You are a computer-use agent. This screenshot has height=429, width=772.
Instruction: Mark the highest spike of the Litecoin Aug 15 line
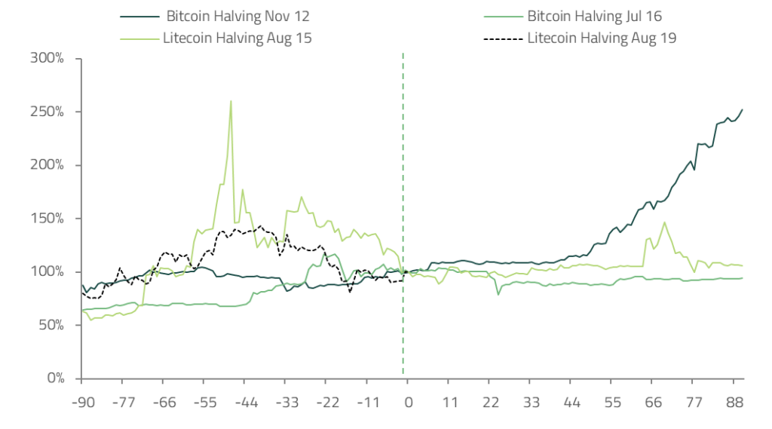coord(231,101)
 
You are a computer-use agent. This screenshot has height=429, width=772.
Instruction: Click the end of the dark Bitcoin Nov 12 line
coord(743,109)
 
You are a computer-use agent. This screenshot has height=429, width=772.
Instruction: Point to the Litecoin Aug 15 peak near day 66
coord(664,222)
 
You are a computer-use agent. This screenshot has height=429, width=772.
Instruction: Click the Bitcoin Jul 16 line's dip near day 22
coord(498,294)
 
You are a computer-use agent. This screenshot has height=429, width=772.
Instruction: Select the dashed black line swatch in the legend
coord(502,37)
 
